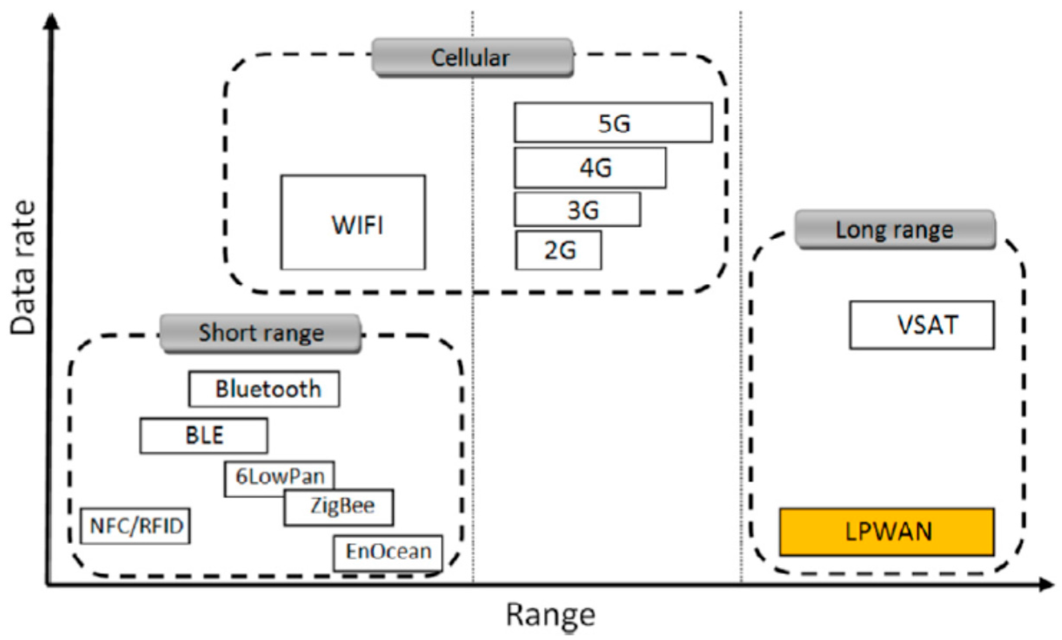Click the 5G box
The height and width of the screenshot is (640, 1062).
[x=613, y=123]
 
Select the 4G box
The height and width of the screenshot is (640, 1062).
[x=590, y=168]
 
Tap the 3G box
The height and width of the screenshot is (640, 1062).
[x=577, y=209]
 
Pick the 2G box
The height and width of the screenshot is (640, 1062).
[x=559, y=250]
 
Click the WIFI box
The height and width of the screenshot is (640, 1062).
[x=353, y=222]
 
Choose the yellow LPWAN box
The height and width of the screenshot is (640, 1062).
[x=887, y=532]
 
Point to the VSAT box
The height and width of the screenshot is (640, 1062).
[x=922, y=325]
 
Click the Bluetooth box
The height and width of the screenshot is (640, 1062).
[x=264, y=389]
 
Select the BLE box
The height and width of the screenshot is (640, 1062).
[x=204, y=436]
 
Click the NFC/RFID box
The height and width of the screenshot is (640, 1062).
[x=135, y=526]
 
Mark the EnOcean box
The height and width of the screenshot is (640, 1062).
[x=388, y=553]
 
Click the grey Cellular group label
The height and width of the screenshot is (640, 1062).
[x=473, y=58]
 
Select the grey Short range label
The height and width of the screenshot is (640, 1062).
[x=260, y=333]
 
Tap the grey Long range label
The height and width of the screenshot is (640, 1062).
[x=895, y=229]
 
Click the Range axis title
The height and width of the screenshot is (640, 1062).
[x=551, y=615]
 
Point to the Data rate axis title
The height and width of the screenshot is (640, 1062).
[x=23, y=268]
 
